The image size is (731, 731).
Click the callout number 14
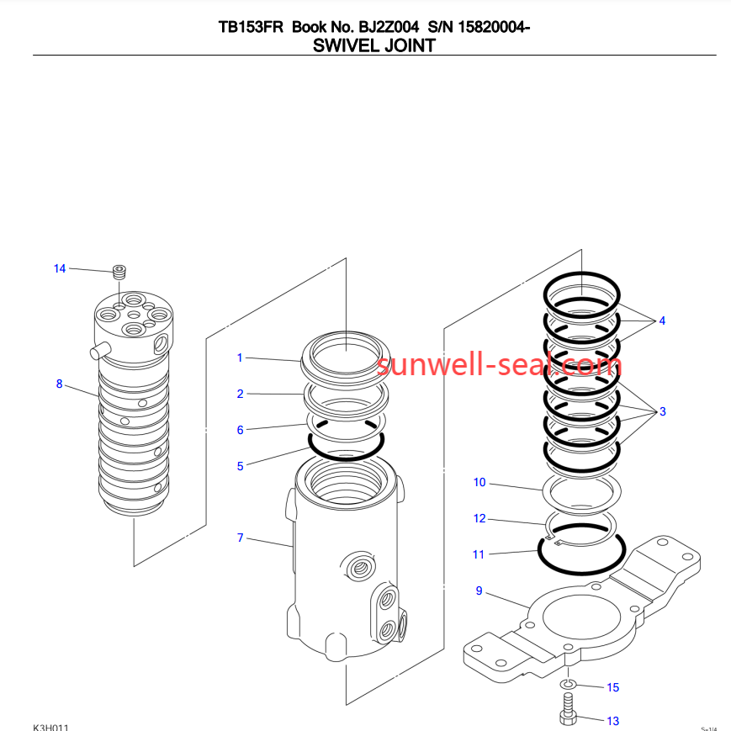click(60, 268)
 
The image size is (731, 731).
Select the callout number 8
click(59, 384)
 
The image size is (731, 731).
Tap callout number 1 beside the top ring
click(240, 358)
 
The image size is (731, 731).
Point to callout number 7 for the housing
click(241, 538)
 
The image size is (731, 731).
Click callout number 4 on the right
click(662, 320)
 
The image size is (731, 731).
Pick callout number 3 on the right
click(663, 411)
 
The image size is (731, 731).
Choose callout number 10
click(479, 483)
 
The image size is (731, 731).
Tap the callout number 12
click(479, 518)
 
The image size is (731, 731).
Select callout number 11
click(479, 554)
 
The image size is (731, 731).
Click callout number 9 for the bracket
click(479, 591)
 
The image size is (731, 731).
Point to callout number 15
click(612, 687)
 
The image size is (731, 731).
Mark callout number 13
click(612, 721)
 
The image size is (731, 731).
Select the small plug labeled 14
click(119, 272)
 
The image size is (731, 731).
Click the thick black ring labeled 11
click(580, 569)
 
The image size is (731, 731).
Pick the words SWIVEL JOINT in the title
click(373, 45)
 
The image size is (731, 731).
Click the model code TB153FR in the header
click(251, 27)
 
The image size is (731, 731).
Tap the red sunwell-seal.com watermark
click(499, 364)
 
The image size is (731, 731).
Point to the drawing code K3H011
click(50, 726)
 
